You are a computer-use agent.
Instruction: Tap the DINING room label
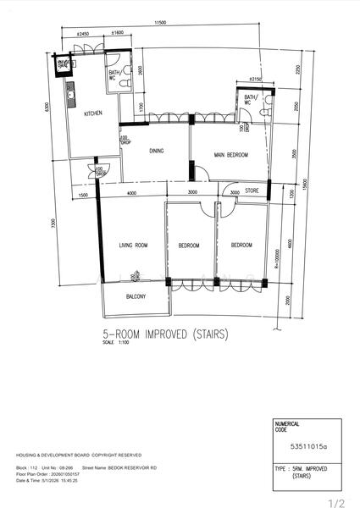click(156, 152)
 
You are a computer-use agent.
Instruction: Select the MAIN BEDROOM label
click(230, 155)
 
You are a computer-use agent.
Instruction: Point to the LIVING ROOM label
click(133, 246)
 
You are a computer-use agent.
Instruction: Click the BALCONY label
click(136, 296)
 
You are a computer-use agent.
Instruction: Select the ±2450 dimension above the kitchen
click(82, 33)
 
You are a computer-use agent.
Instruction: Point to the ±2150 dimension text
click(253, 79)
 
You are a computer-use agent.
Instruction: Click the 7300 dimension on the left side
click(53, 223)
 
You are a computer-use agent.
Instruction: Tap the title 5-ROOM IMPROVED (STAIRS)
click(165, 333)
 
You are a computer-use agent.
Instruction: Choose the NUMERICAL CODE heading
click(287, 426)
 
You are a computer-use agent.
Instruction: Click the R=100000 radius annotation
click(276, 258)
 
